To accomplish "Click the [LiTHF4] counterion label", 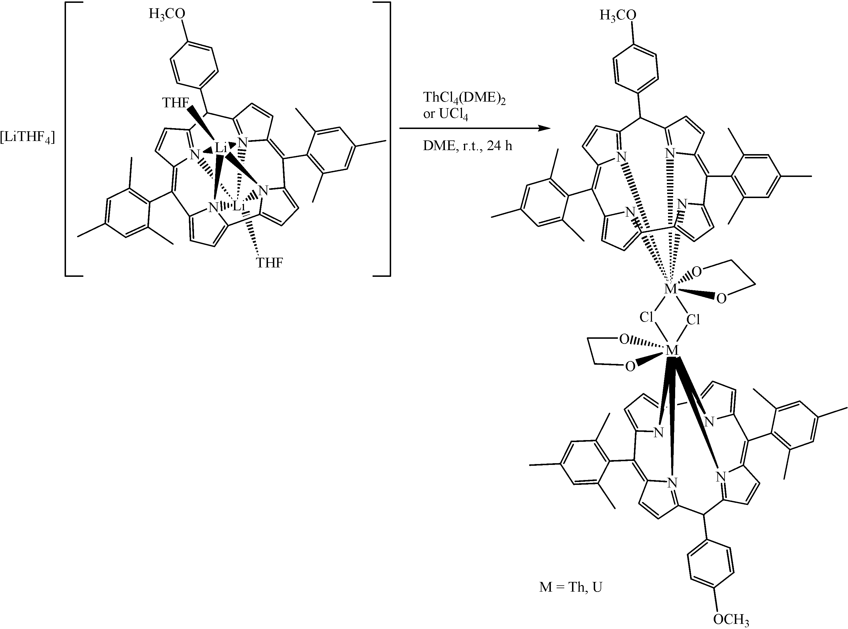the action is click(x=27, y=138).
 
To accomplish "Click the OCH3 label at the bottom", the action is click(x=731, y=620).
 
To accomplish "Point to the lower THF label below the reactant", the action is click(x=269, y=263).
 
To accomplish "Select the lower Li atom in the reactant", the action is click(x=239, y=207).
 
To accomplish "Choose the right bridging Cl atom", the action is click(x=693, y=320).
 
